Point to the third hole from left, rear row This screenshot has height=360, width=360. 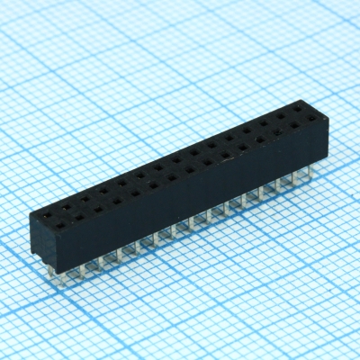coord(85,192)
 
